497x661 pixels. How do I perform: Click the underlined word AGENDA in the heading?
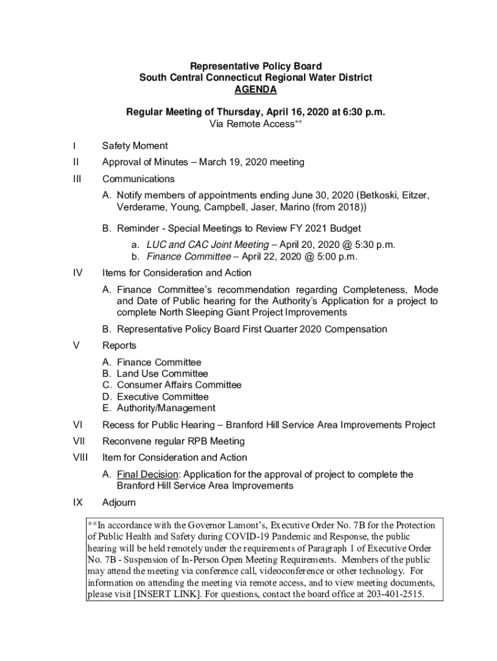(256, 89)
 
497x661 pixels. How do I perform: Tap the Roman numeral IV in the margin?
(78, 272)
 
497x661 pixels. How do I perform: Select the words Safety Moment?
(135, 146)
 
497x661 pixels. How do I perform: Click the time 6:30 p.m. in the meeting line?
(364, 112)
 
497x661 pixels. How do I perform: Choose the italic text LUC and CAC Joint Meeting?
(207, 245)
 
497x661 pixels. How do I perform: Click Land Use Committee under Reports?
(162, 374)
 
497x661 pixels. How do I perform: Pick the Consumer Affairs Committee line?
(179, 385)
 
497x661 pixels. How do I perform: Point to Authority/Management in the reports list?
(166, 408)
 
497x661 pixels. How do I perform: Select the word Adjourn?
(119, 502)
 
